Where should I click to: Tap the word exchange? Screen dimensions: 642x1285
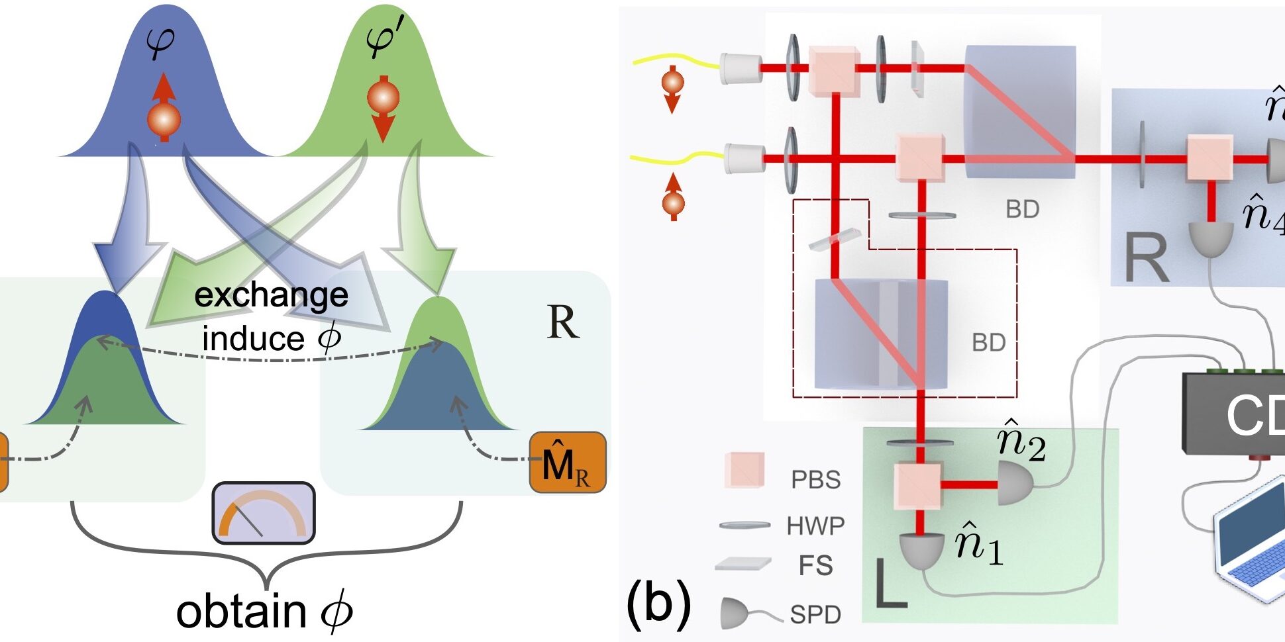point(271,295)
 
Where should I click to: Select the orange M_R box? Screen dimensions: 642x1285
point(568,463)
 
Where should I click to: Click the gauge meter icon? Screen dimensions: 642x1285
point(264,513)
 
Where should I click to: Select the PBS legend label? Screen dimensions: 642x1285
point(815,480)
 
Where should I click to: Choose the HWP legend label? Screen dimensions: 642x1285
point(815,526)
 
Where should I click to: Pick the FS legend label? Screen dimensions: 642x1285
point(815,567)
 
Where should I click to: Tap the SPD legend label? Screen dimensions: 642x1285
point(815,615)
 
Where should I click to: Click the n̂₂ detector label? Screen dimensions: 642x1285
point(1021,441)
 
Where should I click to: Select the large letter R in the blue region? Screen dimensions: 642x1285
point(1147,259)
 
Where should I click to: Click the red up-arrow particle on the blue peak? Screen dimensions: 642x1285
point(164,109)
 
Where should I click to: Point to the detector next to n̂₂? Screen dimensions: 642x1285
point(1015,484)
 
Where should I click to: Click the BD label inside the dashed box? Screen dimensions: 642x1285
point(988,342)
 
